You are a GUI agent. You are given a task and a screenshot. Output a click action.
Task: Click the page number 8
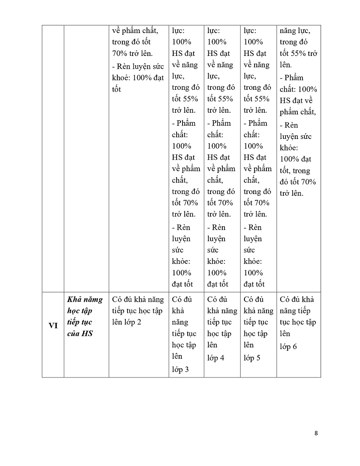click(x=316, y=433)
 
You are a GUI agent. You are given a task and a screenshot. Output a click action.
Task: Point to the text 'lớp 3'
click(x=180, y=369)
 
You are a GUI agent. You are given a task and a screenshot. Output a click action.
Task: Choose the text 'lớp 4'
click(x=216, y=358)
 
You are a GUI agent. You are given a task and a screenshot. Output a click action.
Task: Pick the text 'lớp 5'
click(x=252, y=358)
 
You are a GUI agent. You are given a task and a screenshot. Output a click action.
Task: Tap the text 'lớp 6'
click(x=288, y=347)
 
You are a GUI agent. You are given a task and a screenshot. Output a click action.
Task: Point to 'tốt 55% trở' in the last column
click(x=299, y=53)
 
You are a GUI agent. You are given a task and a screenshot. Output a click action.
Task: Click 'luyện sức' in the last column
click(x=296, y=136)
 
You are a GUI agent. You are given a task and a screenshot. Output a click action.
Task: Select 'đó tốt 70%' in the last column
click(x=298, y=182)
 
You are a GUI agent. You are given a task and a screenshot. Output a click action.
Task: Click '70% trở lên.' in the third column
click(x=132, y=53)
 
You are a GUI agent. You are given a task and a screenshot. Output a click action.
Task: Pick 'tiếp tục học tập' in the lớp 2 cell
click(x=137, y=311)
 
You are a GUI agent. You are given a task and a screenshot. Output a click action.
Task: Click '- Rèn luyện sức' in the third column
click(x=137, y=67)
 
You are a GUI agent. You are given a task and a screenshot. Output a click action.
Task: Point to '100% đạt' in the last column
click(x=296, y=159)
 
